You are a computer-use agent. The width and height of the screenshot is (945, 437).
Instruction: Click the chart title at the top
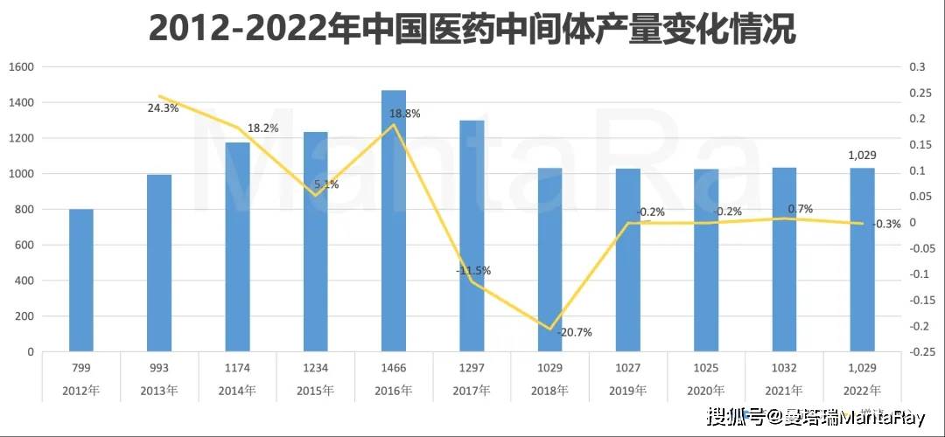(472, 29)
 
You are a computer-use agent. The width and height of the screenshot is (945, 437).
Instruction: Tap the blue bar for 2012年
(81, 280)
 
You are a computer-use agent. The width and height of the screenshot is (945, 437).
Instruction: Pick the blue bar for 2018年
(549, 260)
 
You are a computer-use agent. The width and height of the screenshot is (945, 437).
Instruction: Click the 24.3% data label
(163, 109)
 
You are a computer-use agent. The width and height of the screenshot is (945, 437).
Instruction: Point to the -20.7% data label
(574, 333)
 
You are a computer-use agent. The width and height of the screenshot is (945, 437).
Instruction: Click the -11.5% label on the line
(472, 271)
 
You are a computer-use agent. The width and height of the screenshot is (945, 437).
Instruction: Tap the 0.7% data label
(800, 209)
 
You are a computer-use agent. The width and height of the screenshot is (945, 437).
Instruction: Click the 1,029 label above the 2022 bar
(862, 156)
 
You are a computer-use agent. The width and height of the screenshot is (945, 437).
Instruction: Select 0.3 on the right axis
(917, 67)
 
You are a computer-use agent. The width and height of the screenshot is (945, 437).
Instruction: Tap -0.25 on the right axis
(920, 352)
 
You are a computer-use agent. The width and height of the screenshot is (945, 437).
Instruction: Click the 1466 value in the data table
(394, 368)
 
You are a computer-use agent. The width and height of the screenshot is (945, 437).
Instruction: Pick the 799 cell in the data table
(81, 368)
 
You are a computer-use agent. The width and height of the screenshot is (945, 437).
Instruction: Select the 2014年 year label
(237, 390)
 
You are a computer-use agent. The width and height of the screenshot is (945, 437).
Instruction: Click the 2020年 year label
(706, 390)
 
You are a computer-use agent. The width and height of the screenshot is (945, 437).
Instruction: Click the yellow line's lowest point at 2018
(550, 329)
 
